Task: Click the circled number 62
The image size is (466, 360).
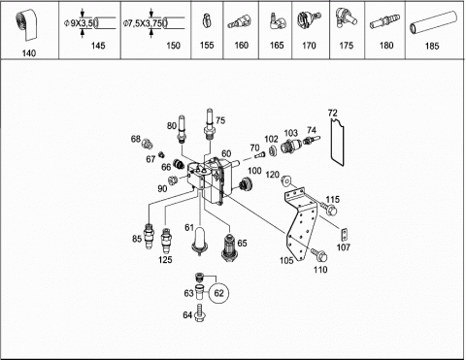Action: [218, 293]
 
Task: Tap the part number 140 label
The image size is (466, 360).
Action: [29, 53]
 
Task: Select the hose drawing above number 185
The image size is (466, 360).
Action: [433, 23]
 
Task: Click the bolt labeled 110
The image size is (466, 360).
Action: [319, 254]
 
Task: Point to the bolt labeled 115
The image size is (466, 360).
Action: [329, 209]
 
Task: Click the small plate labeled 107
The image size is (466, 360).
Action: [345, 234]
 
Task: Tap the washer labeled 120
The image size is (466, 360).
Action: [286, 180]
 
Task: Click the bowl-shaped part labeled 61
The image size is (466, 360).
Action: [199, 241]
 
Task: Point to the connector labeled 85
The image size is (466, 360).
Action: [149, 236]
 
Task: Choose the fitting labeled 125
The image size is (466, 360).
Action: [166, 241]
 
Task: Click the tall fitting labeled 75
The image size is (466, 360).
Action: [210, 124]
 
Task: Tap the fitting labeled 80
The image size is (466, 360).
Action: [182, 129]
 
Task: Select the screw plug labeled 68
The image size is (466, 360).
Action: [148, 143]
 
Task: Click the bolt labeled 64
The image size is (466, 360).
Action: [200, 313]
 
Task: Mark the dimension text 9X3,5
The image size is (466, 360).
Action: [82, 23]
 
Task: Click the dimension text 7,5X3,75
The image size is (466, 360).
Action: [145, 23]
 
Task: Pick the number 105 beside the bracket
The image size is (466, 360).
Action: [286, 260]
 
